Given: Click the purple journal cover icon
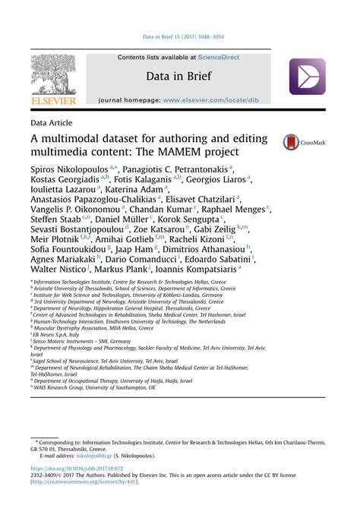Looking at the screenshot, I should click(x=307, y=77).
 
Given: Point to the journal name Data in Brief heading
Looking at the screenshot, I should click(x=178, y=77).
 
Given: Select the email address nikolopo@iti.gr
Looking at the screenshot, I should click(x=93, y=456).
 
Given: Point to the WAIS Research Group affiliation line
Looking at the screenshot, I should click(x=94, y=387).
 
